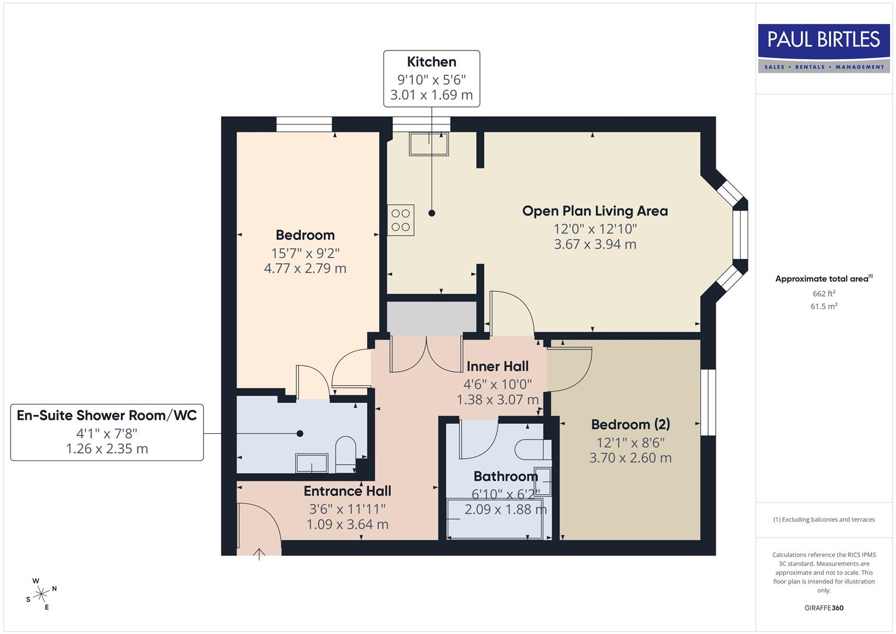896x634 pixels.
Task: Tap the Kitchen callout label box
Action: click(x=431, y=79)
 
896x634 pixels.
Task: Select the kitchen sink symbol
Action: click(x=429, y=144)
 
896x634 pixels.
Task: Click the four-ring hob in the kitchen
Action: click(x=401, y=220)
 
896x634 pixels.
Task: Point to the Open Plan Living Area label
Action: click(x=594, y=211)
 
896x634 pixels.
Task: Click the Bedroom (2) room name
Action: click(x=630, y=424)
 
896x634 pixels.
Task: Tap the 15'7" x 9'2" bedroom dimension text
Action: click(x=305, y=253)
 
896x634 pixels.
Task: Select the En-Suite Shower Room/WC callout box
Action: click(x=107, y=432)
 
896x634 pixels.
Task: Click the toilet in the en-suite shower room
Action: click(x=346, y=453)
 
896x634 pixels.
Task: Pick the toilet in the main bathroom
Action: click(x=532, y=450)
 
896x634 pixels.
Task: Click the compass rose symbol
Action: click(x=41, y=594)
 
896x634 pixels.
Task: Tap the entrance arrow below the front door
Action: click(x=259, y=554)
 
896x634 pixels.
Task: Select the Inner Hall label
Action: click(x=498, y=366)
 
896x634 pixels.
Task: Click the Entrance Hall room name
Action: click(x=347, y=491)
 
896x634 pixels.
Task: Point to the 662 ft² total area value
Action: click(x=823, y=294)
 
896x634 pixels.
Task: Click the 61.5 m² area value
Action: click(x=823, y=306)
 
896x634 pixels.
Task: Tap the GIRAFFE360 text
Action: click(x=823, y=608)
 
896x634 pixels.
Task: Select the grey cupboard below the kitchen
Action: click(x=431, y=318)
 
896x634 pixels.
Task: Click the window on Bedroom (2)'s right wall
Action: click(x=709, y=402)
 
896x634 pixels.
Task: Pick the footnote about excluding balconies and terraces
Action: click(x=823, y=520)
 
